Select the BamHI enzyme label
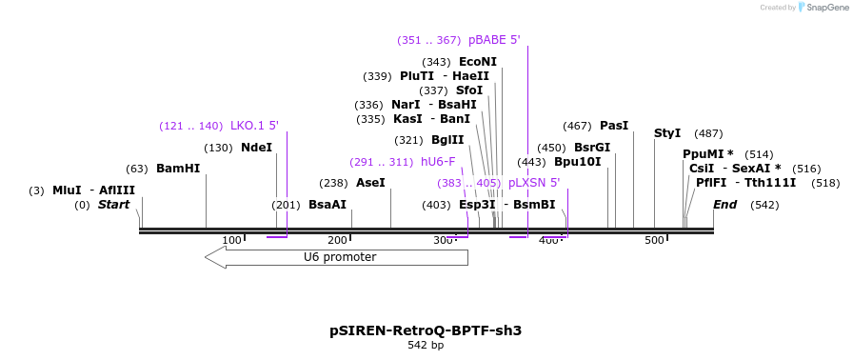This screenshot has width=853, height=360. click(178, 169)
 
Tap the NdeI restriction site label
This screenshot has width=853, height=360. click(256, 148)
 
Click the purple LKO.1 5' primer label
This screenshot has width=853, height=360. click(254, 126)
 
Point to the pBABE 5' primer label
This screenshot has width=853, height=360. click(494, 40)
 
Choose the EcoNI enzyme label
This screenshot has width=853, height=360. click(478, 62)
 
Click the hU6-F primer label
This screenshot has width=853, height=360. click(438, 162)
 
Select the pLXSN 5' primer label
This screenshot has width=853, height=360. click(534, 183)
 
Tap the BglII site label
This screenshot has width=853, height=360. click(447, 140)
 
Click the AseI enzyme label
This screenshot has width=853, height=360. click(370, 183)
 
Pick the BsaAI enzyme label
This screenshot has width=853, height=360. click(327, 205)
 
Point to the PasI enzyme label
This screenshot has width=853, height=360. click(614, 126)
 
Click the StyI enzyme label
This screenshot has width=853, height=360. click(668, 133)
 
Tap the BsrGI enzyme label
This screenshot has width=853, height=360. click(592, 148)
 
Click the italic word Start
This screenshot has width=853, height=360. click(113, 205)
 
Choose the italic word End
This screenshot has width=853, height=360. click(725, 205)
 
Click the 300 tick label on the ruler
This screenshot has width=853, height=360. click(443, 240)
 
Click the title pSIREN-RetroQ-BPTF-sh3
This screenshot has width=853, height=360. click(426, 330)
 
